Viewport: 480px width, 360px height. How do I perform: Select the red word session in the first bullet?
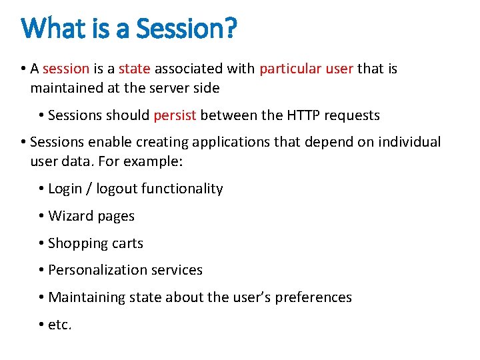(x=65, y=69)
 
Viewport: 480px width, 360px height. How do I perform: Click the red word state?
(x=134, y=69)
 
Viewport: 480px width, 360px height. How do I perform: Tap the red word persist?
(x=175, y=115)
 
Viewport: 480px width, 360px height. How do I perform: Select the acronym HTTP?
(x=303, y=115)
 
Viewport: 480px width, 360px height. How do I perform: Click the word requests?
(x=352, y=115)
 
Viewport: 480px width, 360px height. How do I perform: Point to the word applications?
(x=225, y=142)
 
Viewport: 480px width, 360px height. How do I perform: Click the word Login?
(x=65, y=189)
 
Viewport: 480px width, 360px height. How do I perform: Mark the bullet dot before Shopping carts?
(x=41, y=243)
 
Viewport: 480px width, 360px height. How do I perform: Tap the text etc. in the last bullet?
(x=60, y=325)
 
